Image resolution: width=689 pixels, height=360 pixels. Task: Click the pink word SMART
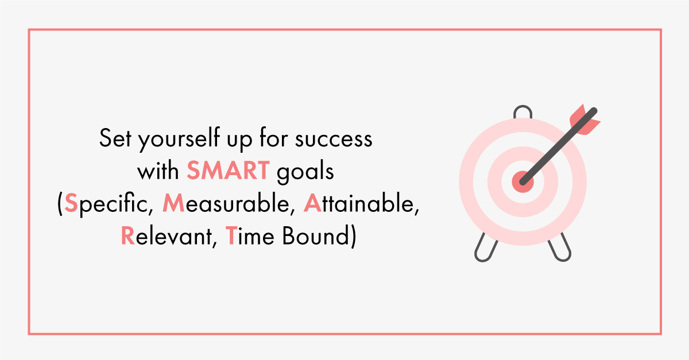pyautogui.click(x=229, y=171)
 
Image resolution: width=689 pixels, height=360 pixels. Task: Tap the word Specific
pyautogui.click(x=107, y=204)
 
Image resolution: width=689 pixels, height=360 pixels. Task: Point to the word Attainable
pyautogui.click(x=359, y=203)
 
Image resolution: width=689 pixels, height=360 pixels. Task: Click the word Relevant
pyautogui.click(x=167, y=236)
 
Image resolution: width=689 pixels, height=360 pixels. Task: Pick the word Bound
pyautogui.click(x=316, y=236)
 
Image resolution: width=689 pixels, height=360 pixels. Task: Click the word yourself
pyautogui.click(x=179, y=139)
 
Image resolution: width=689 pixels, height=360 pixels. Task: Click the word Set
pyautogui.click(x=115, y=138)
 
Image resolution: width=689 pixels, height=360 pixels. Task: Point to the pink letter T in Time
pyautogui.click(x=231, y=235)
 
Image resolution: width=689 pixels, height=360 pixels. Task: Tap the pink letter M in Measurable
pyautogui.click(x=173, y=203)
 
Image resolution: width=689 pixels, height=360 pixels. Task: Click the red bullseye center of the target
pyautogui.click(x=522, y=182)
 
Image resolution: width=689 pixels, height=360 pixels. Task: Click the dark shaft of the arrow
pyautogui.click(x=558, y=146)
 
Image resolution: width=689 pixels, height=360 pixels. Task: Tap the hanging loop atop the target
pyautogui.click(x=522, y=112)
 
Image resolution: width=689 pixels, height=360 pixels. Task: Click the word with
pyautogui.click(x=158, y=171)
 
